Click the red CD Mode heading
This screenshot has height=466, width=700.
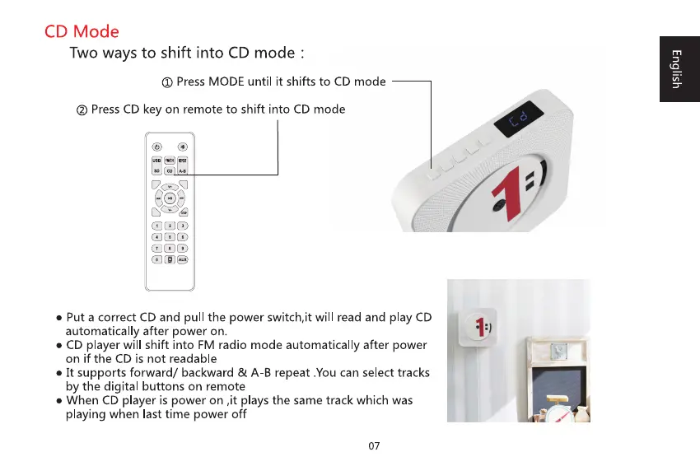point(82,32)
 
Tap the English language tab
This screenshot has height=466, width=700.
point(675,68)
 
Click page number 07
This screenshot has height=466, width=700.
point(374,446)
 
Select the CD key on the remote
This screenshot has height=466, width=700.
point(169,170)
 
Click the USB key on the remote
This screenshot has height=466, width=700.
point(156,161)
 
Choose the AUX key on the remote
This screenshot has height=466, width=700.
point(183,259)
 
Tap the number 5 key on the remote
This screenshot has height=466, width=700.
point(169,236)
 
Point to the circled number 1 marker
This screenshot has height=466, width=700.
point(166,82)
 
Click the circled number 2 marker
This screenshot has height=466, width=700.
point(82,110)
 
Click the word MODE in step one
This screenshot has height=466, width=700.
point(226,82)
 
